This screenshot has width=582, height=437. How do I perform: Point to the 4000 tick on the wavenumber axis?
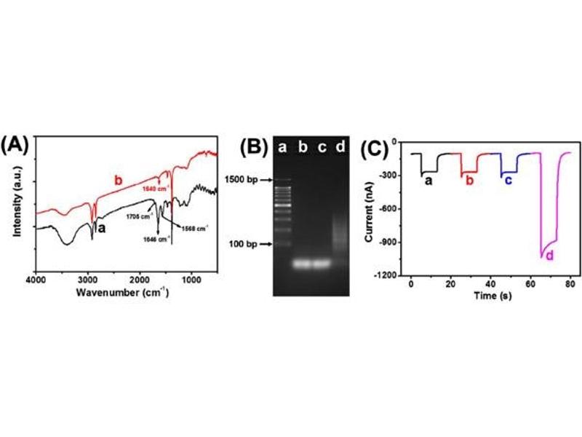point(36,279)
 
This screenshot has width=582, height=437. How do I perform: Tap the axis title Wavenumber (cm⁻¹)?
point(126,293)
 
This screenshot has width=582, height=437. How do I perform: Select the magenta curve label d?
point(549,256)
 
